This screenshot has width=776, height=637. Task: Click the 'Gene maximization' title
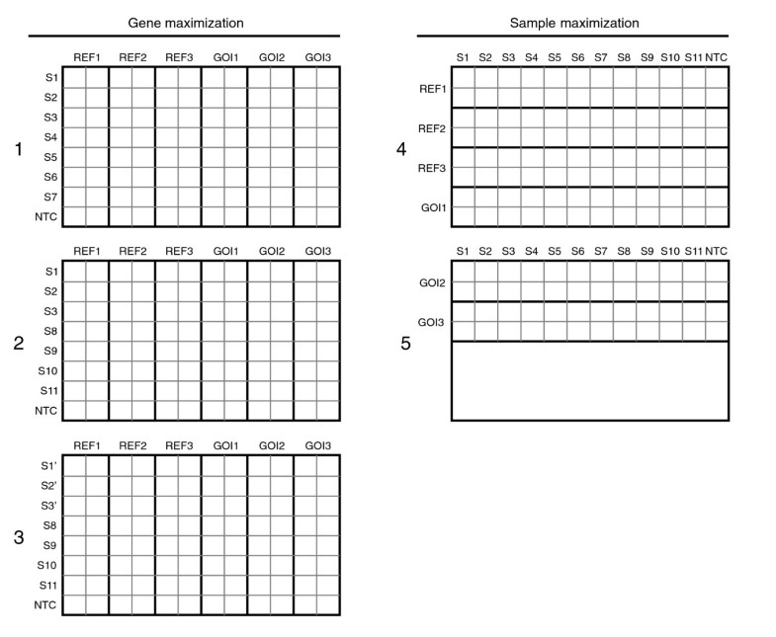click(x=186, y=22)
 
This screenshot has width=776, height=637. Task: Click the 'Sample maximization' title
click(x=573, y=22)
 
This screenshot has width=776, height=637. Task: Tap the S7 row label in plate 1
click(x=50, y=198)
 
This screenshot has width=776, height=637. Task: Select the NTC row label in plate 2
click(x=46, y=411)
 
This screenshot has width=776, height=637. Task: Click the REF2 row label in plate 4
click(x=432, y=128)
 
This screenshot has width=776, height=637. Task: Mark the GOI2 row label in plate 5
click(x=432, y=282)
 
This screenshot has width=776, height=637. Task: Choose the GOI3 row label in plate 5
click(x=432, y=322)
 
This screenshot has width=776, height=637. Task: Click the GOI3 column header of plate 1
click(x=317, y=56)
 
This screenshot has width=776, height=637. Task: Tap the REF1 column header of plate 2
click(x=86, y=251)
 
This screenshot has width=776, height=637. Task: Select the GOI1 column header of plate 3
click(x=224, y=444)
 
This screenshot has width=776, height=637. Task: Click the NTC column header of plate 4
click(x=717, y=56)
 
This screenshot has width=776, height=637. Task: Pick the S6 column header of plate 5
click(x=578, y=251)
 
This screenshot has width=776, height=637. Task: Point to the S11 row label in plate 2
click(x=48, y=391)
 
